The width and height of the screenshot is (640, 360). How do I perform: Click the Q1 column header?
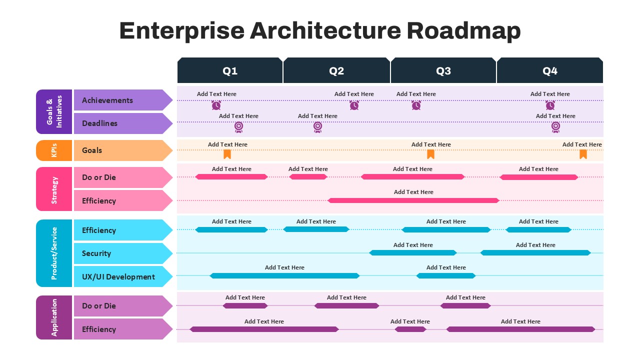pos(230,70)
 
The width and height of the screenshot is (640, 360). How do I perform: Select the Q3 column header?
pos(443,70)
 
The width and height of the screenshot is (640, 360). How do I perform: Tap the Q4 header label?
pos(550,71)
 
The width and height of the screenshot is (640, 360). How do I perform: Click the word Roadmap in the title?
pos(463,30)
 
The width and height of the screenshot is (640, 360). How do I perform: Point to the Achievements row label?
pos(107,100)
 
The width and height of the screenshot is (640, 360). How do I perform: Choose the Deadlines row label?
pos(99,123)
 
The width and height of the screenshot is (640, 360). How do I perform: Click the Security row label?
pos(96,253)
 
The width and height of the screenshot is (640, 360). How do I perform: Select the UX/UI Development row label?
pos(118,277)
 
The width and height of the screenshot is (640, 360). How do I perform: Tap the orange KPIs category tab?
pos(54,150)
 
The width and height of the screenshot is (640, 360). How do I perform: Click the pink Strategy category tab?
pos(54,189)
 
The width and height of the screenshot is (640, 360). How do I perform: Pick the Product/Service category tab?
pos(54,253)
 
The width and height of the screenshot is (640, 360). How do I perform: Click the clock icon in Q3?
pos(416,105)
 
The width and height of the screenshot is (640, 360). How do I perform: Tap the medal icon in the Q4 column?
pos(555,127)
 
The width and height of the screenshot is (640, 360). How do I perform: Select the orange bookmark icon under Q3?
pos(430,154)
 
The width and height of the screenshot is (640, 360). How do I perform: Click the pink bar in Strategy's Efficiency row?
pos(413,200)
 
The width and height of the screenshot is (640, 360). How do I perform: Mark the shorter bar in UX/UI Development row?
pos(446,275)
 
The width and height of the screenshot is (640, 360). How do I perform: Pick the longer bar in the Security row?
pos(535,253)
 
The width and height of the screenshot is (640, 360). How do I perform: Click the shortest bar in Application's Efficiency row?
pos(410,329)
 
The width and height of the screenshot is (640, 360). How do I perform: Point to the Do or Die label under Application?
pos(99,305)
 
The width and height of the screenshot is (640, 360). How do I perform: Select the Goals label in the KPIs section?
pos(92,150)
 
